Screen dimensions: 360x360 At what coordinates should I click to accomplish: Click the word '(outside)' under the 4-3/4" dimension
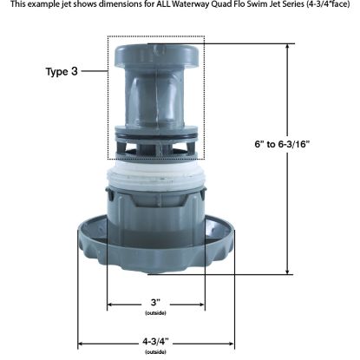(156, 352)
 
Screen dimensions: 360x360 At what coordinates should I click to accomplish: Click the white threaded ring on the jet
(156, 185)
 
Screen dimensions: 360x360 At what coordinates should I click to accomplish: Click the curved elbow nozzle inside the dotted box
(156, 95)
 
